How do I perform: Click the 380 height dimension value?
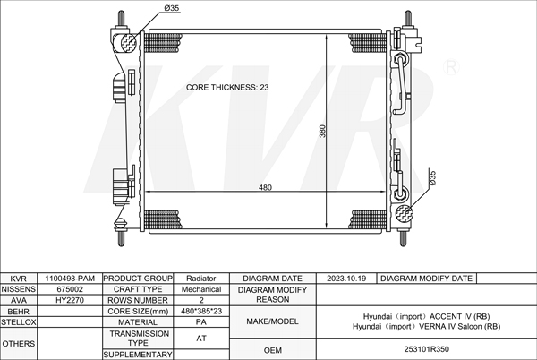click(x=322, y=131)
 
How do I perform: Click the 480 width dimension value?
click(x=265, y=187)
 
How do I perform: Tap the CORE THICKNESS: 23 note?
click(x=227, y=88)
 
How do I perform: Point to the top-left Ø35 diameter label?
click(x=172, y=8)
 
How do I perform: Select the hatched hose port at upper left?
click(x=129, y=43)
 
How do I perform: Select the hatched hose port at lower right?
click(x=405, y=213)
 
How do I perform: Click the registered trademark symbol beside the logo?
click(x=451, y=67)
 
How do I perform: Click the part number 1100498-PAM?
click(x=70, y=279)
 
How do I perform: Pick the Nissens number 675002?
click(x=70, y=289)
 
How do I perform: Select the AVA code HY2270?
click(x=70, y=300)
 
